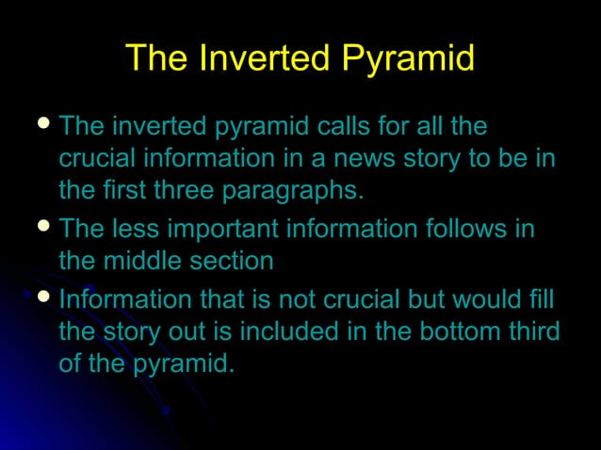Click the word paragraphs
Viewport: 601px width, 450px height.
293,190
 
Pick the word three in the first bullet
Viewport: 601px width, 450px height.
178,190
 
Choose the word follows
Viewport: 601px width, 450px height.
464,229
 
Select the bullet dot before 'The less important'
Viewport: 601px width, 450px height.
41,227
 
